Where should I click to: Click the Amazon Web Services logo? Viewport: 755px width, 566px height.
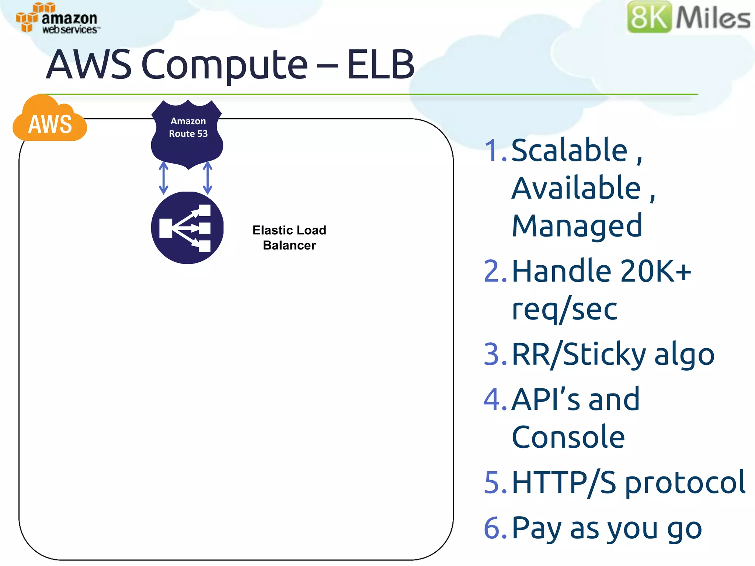[x=57, y=18]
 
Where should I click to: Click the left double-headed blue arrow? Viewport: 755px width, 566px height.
[x=163, y=178]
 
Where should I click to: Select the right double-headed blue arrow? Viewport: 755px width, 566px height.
[x=208, y=178]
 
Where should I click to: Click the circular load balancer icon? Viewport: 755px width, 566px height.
[x=187, y=227]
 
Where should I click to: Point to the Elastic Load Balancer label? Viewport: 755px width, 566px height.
[x=289, y=238]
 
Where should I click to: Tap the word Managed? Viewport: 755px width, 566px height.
[x=577, y=226]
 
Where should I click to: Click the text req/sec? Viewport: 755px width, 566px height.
[x=564, y=310]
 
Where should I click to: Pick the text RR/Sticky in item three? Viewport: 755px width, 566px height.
[x=579, y=354]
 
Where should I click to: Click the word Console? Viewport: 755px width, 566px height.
[x=568, y=437]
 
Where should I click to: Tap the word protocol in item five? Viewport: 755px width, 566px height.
[x=685, y=483]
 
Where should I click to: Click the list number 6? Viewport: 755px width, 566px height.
[x=495, y=528]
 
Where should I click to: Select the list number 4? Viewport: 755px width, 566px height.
[x=495, y=399]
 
